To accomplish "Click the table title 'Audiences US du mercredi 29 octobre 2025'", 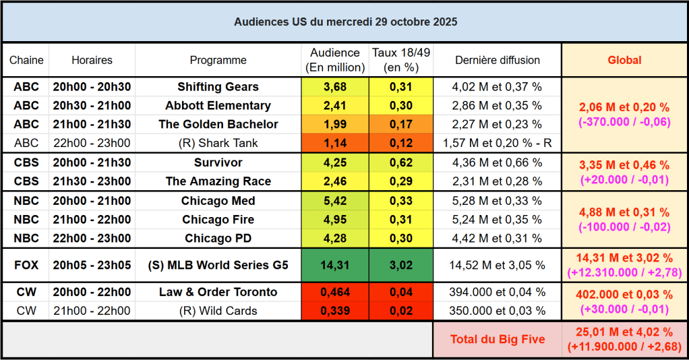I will pos(345,22).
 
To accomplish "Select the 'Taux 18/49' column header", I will pos(401,60).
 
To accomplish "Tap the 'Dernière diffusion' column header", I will pos(498,60).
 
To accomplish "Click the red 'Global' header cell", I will pos(624,60).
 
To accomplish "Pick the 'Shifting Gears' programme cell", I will pos(218,87).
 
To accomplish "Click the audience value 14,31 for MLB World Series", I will pos(335,265).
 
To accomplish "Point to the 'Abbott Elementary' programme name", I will pos(218,106).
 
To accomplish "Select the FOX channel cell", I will pos(26,265).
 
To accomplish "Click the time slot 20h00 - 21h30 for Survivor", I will pos(92,162).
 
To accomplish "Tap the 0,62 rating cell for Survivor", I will pos(401,162).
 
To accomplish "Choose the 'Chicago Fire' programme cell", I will pos(218,220).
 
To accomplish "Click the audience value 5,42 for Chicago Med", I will pos(335,201).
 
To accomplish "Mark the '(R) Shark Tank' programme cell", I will pos(218,143).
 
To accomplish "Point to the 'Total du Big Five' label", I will pos(498,339).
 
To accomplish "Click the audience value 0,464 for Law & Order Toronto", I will pos(335,292).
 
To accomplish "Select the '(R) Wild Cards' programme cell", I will pos(218,311).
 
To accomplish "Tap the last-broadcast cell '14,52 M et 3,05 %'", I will pos(498,265).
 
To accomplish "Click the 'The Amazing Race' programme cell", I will pos(218,181).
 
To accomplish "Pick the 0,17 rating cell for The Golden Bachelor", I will pos(401,124).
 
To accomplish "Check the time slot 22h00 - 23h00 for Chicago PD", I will pos(92,238).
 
